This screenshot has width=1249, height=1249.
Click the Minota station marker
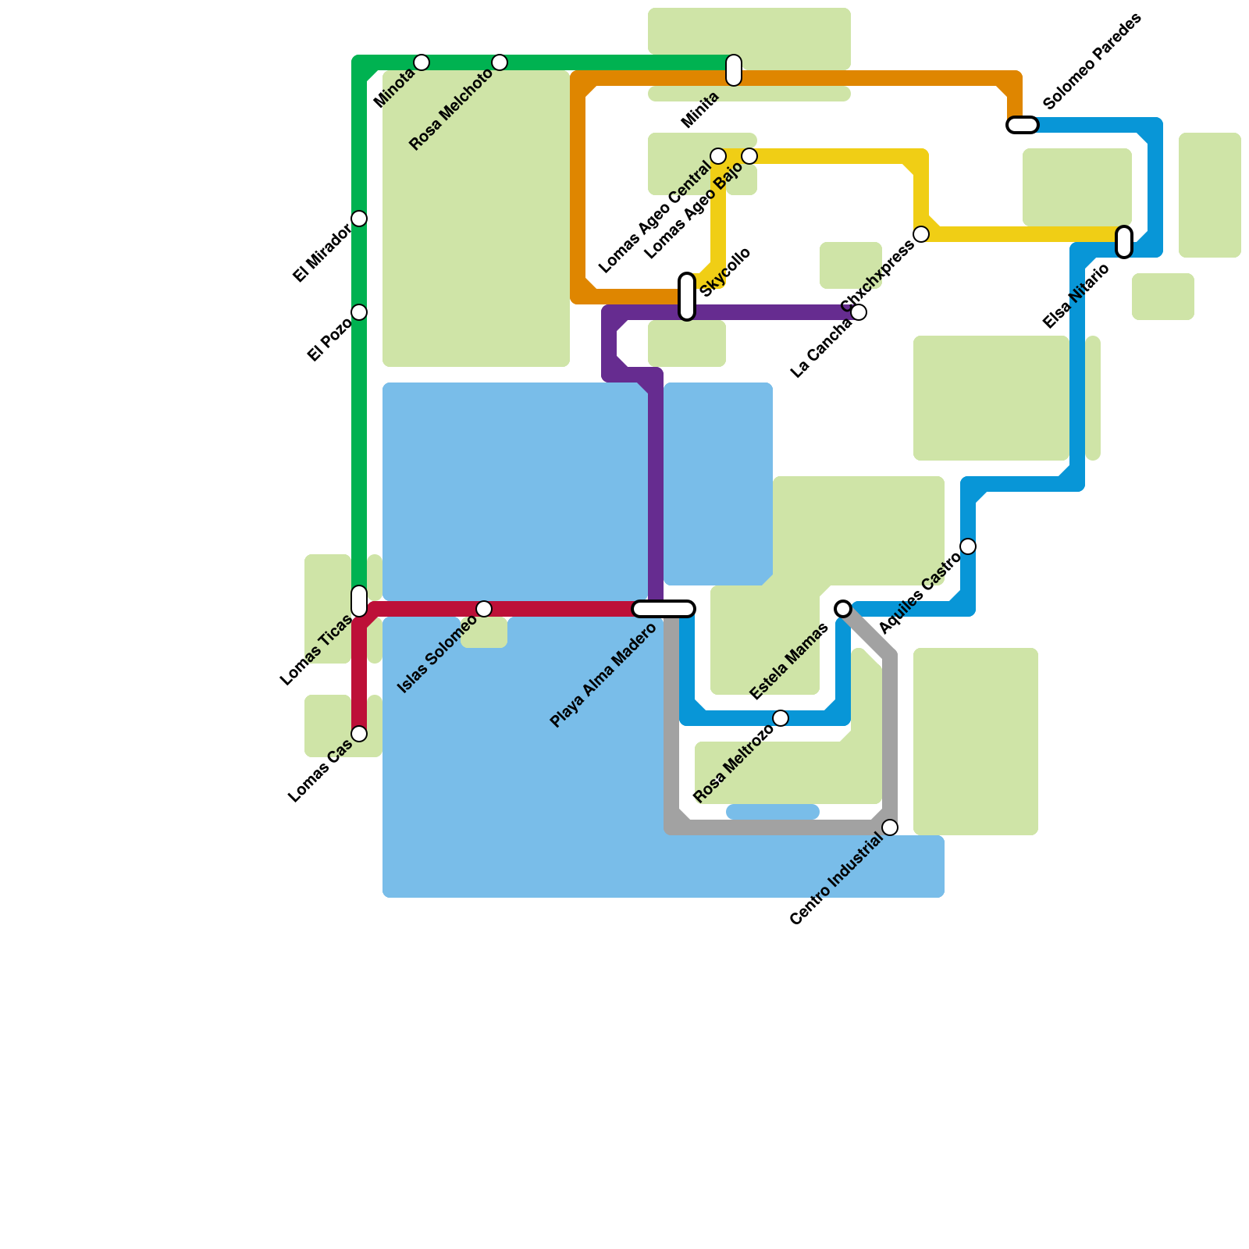point(422,62)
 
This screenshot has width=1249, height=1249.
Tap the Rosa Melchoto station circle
point(500,62)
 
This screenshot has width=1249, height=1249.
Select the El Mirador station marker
point(359,219)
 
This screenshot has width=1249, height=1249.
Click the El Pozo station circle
point(359,312)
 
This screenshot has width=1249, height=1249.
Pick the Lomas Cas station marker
point(359,734)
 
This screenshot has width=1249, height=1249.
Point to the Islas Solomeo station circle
point(484,609)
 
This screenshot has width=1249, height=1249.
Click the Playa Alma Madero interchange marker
point(664,609)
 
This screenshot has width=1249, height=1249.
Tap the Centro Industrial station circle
point(890,827)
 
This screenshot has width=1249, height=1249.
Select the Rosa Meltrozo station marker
point(781,718)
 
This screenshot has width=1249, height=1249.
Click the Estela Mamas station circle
point(843,609)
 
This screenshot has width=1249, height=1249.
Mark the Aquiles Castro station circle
point(968,546)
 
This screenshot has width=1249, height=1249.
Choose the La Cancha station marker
point(859,312)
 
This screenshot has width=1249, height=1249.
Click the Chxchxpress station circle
point(921,234)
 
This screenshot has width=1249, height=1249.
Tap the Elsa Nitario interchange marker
point(1124,242)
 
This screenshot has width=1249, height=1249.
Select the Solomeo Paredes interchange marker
point(1023,125)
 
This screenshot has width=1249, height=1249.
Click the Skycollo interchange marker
point(687,297)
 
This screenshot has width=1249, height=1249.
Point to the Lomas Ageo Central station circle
point(718,156)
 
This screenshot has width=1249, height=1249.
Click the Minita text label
point(700,110)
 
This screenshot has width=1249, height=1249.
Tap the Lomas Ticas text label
point(316,650)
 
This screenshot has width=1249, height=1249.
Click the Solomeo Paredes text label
point(1092,61)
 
